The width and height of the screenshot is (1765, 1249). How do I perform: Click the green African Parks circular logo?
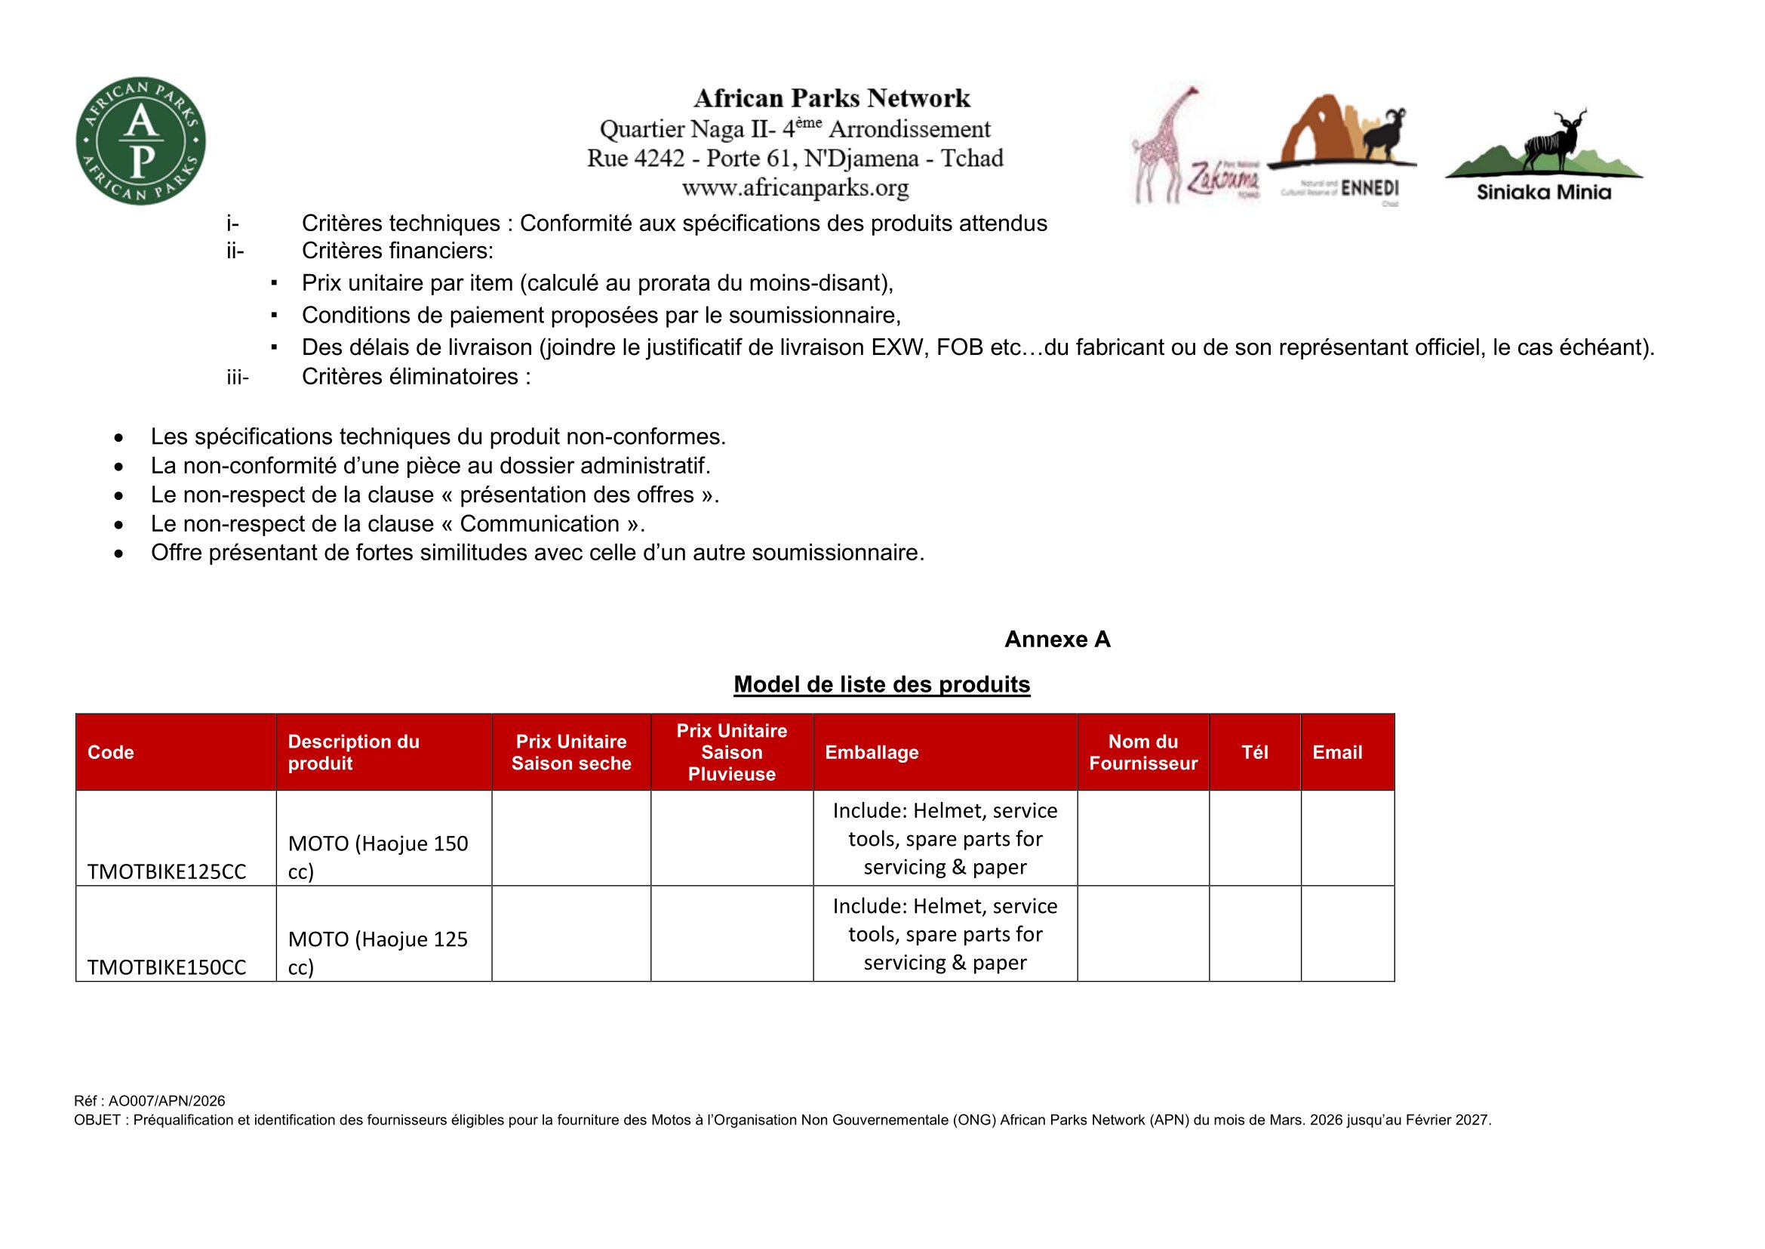coord(140,140)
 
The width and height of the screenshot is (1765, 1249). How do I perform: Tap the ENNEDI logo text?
coord(1369,189)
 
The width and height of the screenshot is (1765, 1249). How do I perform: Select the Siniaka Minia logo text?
coord(1544,193)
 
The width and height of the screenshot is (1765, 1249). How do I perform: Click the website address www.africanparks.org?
coord(795,188)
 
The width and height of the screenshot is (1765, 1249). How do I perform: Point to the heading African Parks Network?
coord(832,98)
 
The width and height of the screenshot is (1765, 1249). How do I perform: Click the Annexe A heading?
coord(1057,639)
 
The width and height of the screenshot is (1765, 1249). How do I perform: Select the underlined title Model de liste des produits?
coord(881,684)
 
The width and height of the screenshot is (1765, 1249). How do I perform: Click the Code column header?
coord(111,752)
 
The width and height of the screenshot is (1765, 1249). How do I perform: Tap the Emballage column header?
coord(872,752)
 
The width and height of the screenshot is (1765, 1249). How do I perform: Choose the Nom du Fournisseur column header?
coord(1143,752)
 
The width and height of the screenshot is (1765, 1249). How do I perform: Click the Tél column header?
coord(1255,752)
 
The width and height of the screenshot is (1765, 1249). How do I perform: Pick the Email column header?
coord(1337,752)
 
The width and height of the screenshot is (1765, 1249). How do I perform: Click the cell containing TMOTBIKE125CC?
coord(167,871)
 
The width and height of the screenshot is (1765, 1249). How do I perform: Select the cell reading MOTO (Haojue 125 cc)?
coord(377,952)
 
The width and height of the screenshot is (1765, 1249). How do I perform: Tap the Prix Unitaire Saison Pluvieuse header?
coord(732,752)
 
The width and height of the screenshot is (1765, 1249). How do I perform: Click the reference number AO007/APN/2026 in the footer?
coord(167,1100)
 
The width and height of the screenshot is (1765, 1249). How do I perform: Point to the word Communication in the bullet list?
coord(540,524)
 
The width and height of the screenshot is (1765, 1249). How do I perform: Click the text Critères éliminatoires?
coord(416,377)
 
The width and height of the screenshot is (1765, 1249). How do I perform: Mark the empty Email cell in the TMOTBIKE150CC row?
coord(1348,933)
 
